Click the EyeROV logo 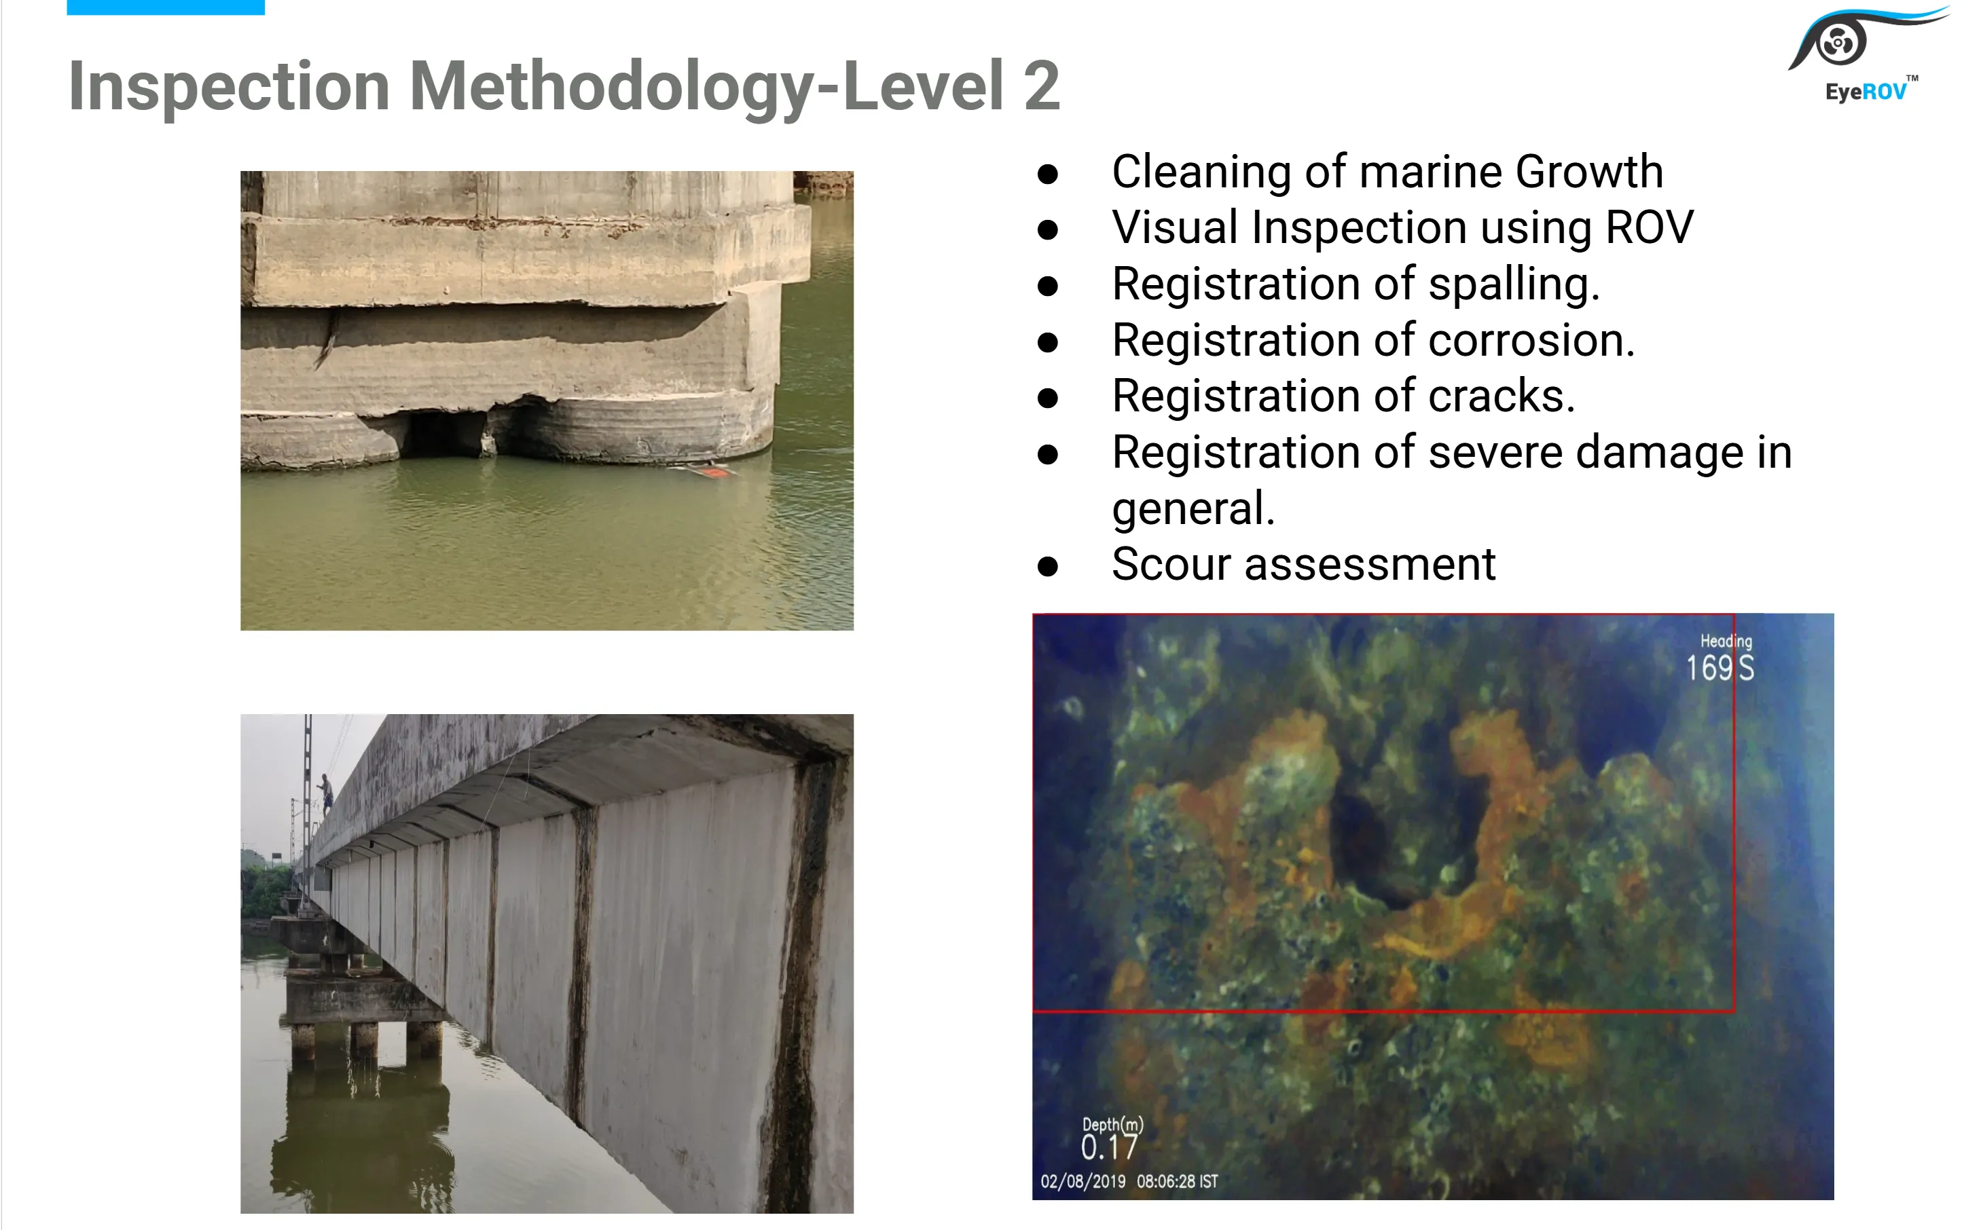(x=1863, y=54)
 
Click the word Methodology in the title (x=611, y=87)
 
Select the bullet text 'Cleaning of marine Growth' (x=1387, y=172)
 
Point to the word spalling (x=1514, y=284)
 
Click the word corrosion (x=1531, y=340)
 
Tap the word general (x=1192, y=509)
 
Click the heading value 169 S (x=1720, y=669)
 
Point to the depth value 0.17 (x=1108, y=1148)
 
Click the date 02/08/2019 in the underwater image (x=1083, y=1181)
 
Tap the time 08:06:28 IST (x=1177, y=1181)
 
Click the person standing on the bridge (x=325, y=793)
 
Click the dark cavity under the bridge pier (x=443, y=434)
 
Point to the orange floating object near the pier (x=711, y=472)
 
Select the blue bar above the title (x=165, y=7)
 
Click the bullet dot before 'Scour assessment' (x=1048, y=566)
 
